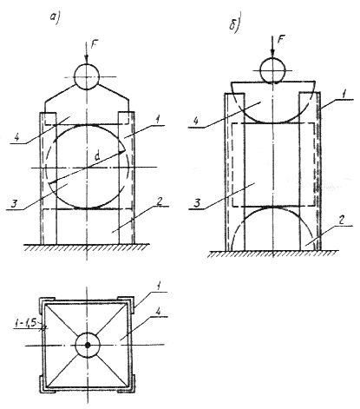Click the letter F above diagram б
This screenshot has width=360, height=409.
280,39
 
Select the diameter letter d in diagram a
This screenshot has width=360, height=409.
98,156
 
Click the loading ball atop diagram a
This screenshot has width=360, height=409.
87,76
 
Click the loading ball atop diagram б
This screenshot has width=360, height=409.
272,70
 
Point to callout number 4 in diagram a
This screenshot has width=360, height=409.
17,137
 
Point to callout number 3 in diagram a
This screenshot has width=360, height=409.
14,204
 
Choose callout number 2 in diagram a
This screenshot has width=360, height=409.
159,201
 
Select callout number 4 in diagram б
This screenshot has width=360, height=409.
197,121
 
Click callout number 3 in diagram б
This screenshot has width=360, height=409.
197,202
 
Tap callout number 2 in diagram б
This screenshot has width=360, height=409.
341,221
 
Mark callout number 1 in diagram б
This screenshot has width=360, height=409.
344,95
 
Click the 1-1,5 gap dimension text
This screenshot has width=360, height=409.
25,324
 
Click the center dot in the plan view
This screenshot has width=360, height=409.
88,345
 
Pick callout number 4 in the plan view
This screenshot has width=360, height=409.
159,312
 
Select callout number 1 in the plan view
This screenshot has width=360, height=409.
158,287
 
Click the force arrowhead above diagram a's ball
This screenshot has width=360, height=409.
86,59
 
